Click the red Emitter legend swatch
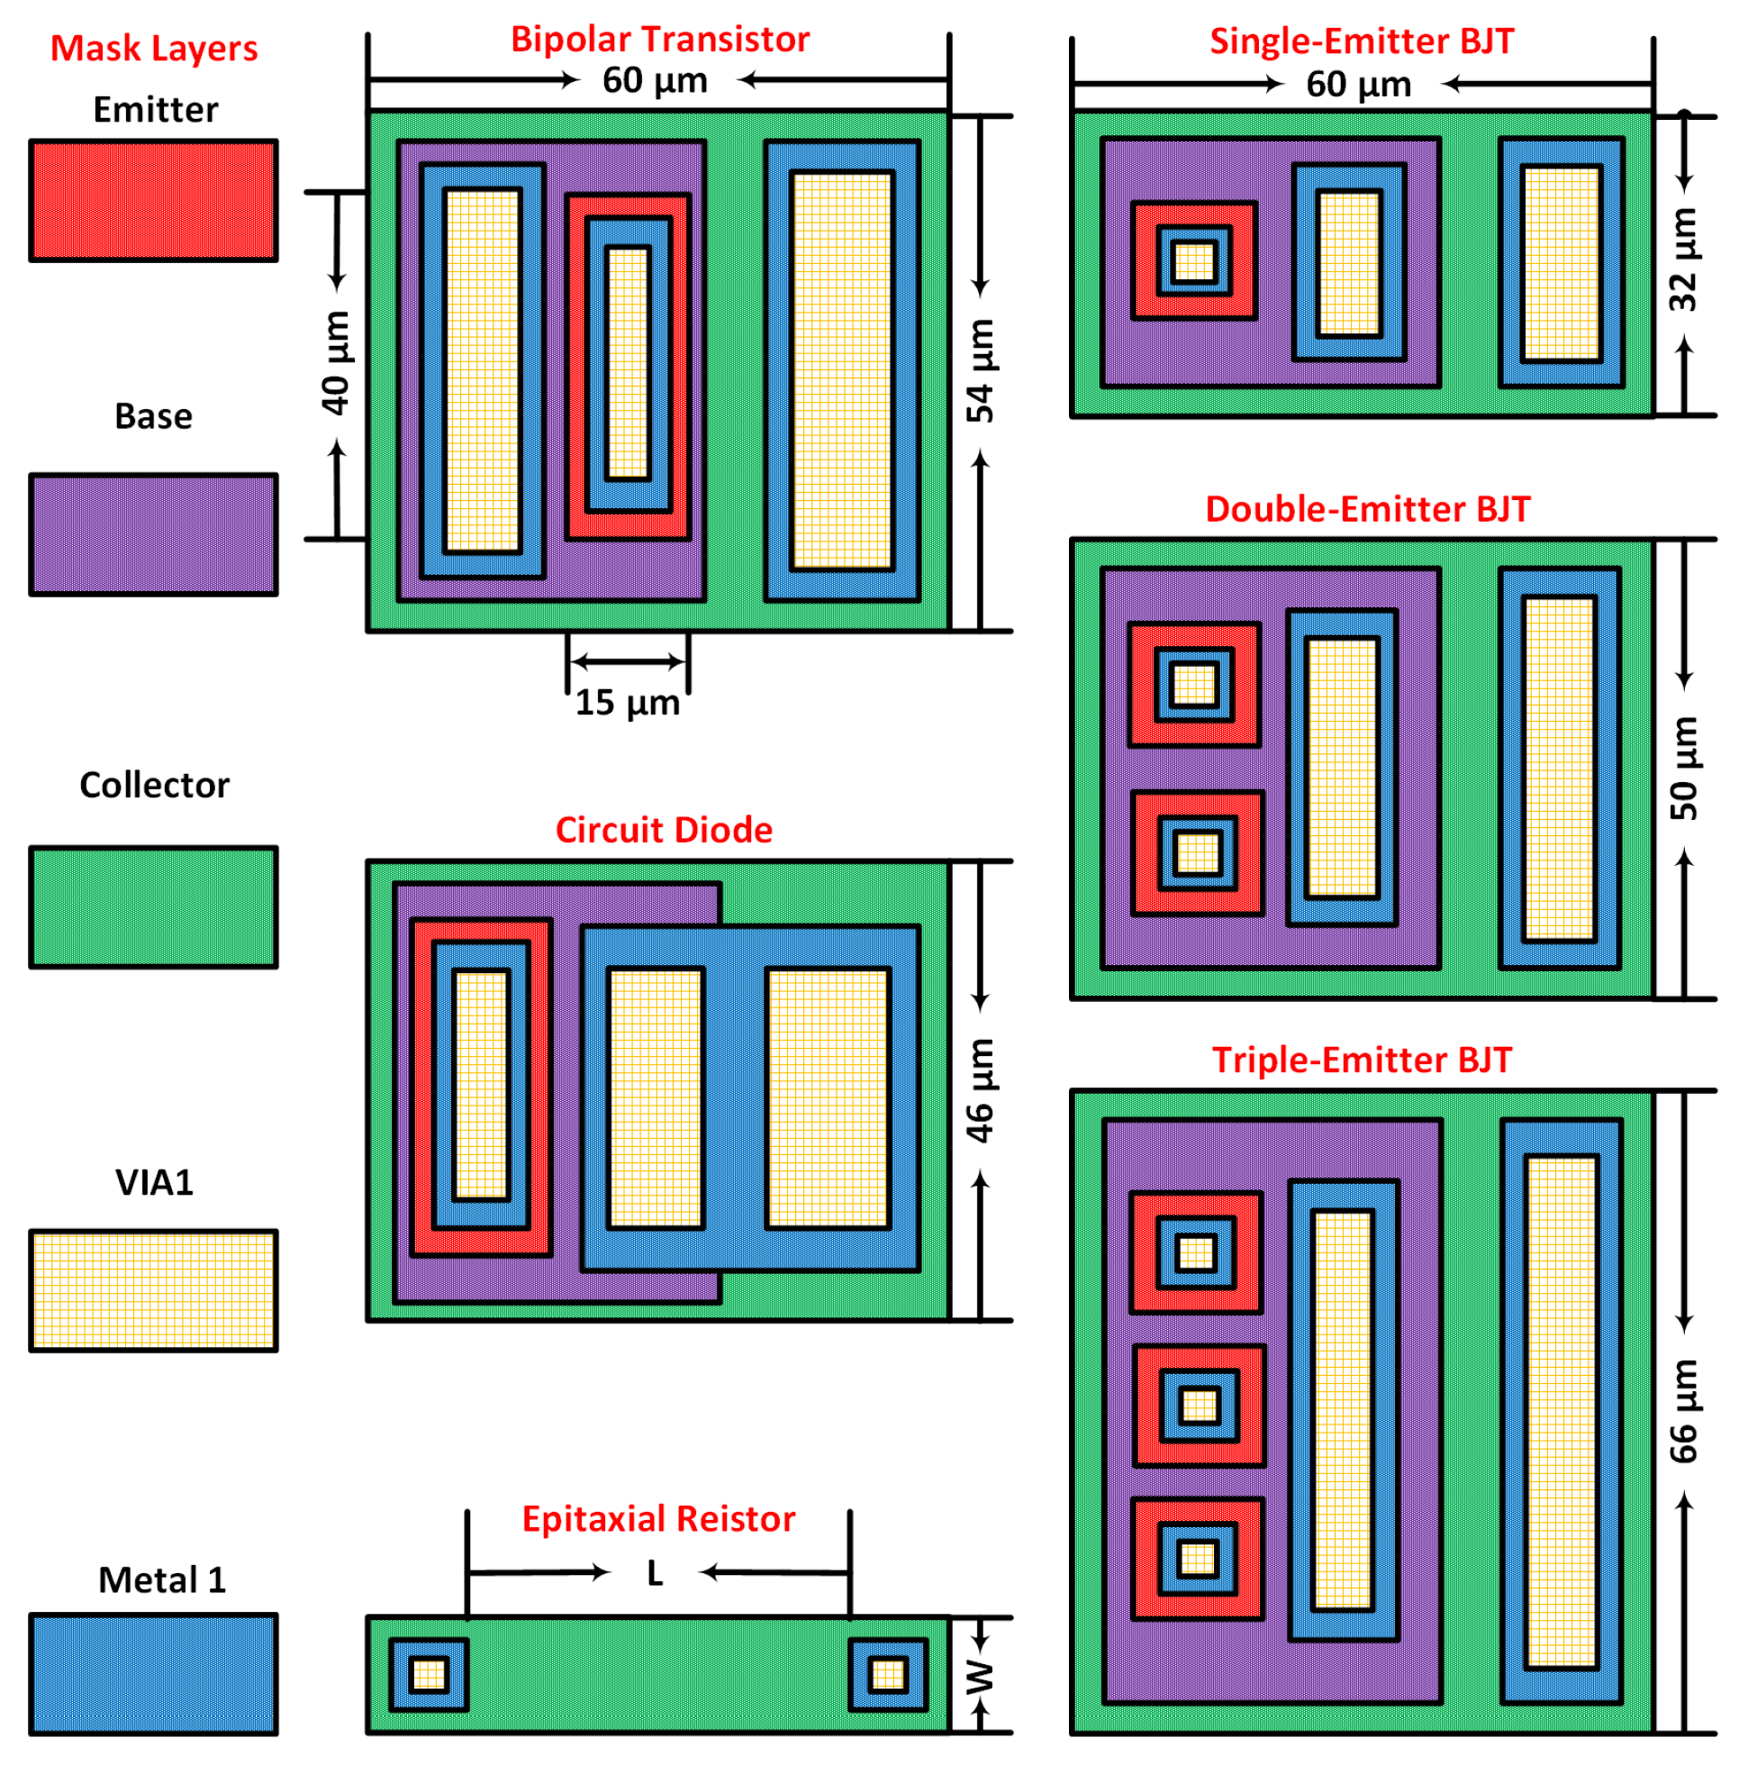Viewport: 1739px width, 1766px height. (152, 200)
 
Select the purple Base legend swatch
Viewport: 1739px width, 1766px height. (152, 534)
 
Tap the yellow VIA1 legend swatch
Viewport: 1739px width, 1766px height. (152, 1290)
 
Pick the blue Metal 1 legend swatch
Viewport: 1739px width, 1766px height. (152, 1674)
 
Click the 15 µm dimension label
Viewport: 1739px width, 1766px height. (628, 703)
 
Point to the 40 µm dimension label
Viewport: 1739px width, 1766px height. (335, 363)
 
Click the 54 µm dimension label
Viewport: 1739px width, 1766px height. (980, 370)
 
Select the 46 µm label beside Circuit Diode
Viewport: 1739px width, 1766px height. (980, 1090)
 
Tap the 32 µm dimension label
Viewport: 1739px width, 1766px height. (1682, 259)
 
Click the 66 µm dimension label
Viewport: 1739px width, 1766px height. (1682, 1412)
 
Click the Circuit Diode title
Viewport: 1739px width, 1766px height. (664, 830)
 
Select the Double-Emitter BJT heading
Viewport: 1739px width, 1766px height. (1367, 509)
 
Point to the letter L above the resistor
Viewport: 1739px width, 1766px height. (655, 1573)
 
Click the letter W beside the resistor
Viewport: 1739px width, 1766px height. (979, 1677)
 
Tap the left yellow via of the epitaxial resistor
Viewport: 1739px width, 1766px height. (429, 1675)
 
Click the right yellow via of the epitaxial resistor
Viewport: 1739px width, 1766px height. (888, 1675)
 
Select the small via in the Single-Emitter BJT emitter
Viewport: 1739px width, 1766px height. (1194, 261)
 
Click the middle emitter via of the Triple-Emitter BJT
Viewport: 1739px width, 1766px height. (1200, 1405)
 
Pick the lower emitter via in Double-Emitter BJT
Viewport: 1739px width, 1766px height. (1198, 853)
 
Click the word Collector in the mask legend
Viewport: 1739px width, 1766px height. (153, 785)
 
